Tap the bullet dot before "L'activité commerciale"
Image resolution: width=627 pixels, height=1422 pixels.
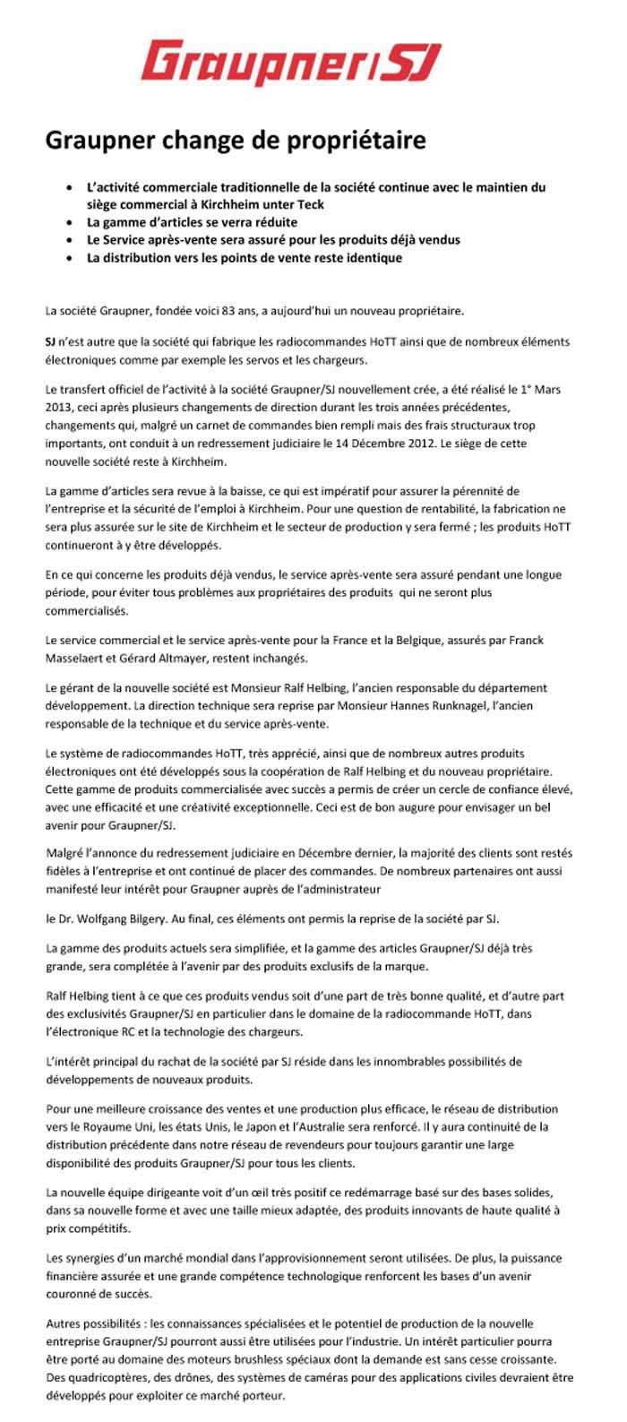click(x=71, y=188)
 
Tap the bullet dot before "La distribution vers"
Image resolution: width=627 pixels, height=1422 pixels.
click(x=71, y=258)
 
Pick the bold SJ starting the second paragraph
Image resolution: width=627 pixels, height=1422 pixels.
click(x=51, y=343)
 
